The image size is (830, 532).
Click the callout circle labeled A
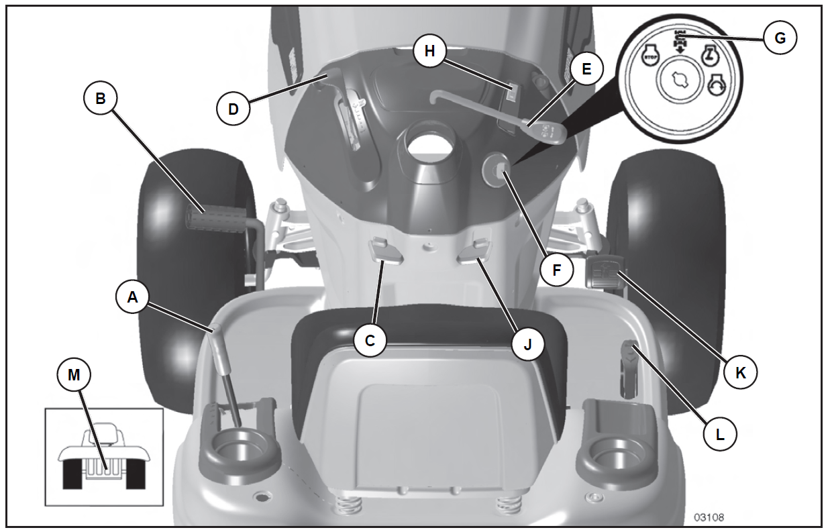[132, 299]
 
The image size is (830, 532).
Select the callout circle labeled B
[100, 99]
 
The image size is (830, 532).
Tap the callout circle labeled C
[370, 341]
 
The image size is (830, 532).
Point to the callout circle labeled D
[234, 107]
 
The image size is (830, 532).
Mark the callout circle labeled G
[780, 38]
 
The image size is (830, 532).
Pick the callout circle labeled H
[429, 52]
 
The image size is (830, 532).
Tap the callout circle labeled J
[527, 343]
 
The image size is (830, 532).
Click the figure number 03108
[709, 517]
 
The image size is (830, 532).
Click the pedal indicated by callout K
[604, 273]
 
